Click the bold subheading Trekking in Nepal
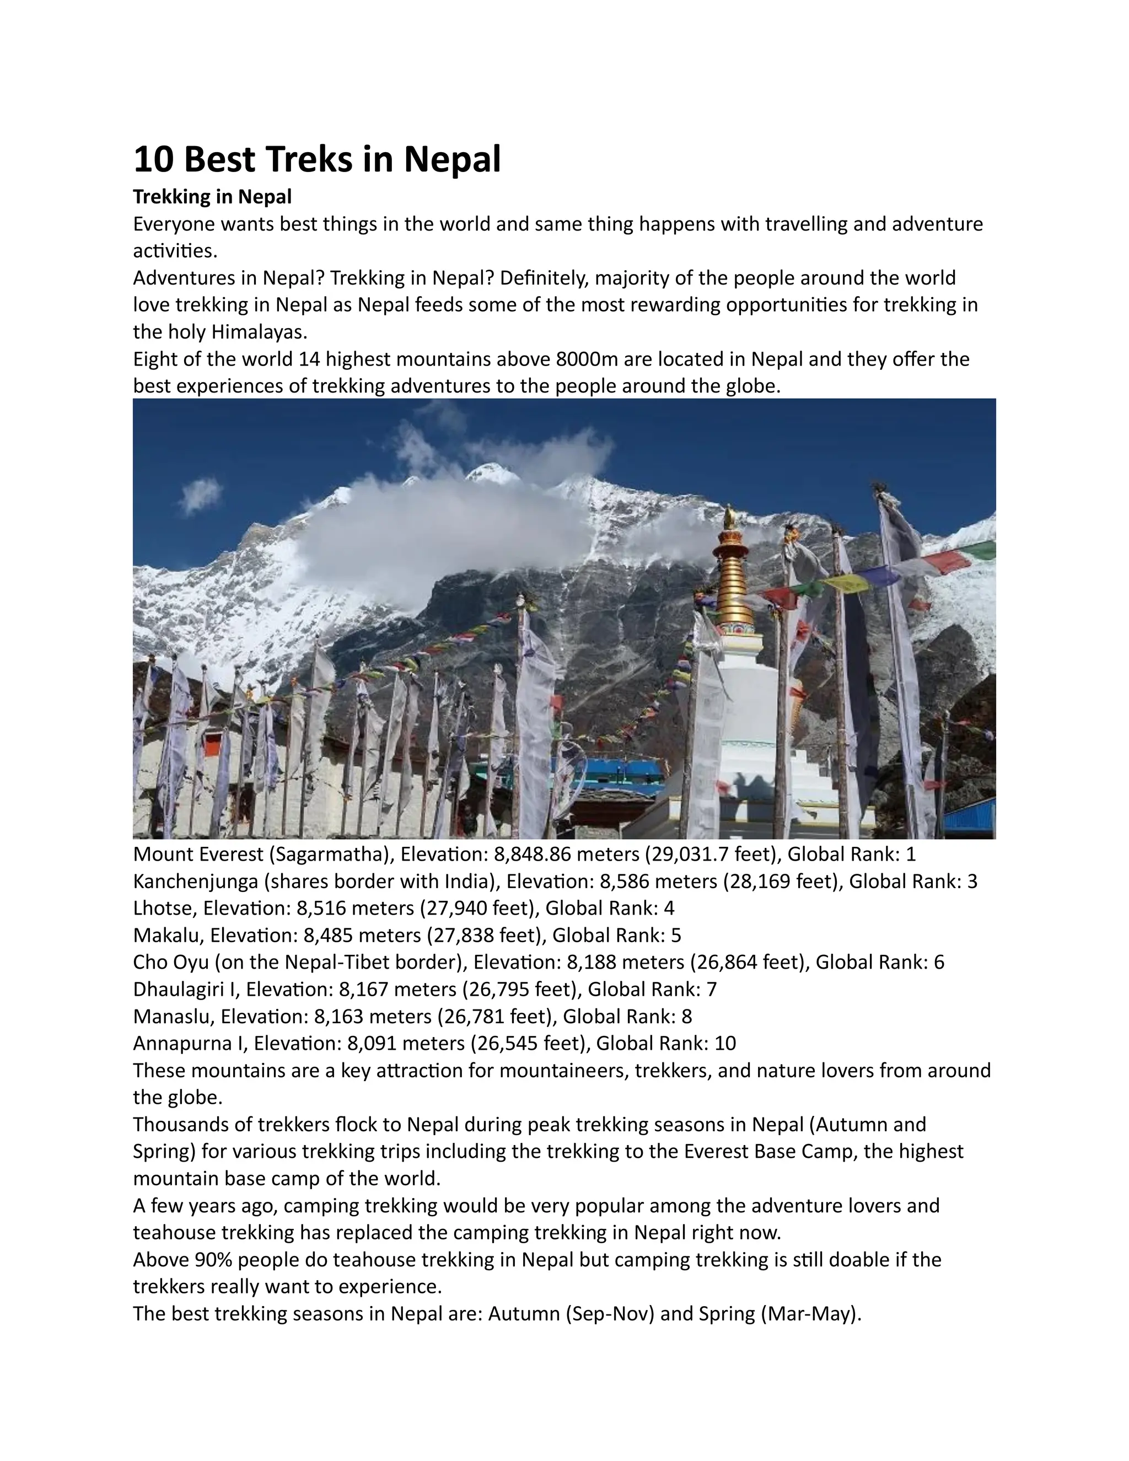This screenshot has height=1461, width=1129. (212, 197)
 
